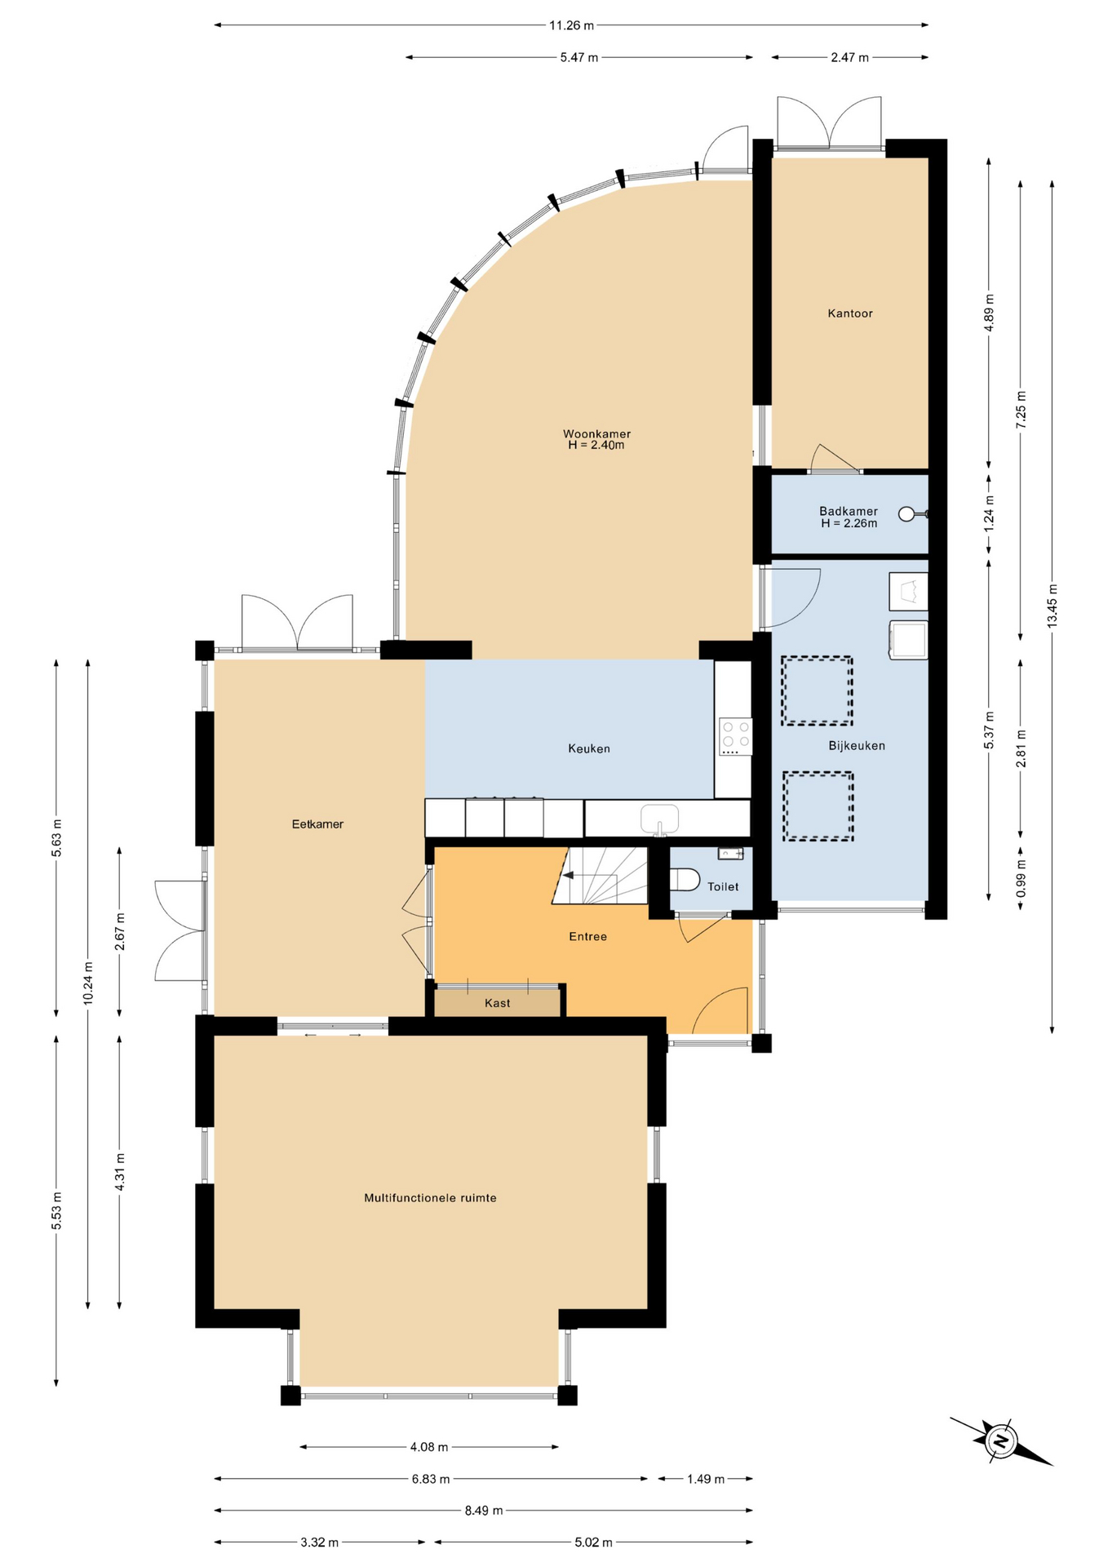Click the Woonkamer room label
pyautogui.click(x=596, y=434)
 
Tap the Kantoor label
pyautogui.click(x=850, y=313)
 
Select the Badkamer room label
pyautogui.click(x=849, y=512)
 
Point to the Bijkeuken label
pyautogui.click(x=857, y=746)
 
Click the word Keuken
pyautogui.click(x=589, y=748)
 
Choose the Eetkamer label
pyautogui.click(x=317, y=824)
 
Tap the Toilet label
pyautogui.click(x=723, y=886)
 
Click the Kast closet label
pyautogui.click(x=498, y=1003)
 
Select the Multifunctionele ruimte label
pyautogui.click(x=430, y=1198)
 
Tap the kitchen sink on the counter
pyautogui.click(x=659, y=819)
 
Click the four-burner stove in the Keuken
pyautogui.click(x=735, y=737)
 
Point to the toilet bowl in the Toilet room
pyautogui.click(x=685, y=880)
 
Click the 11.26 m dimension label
pyautogui.click(x=571, y=25)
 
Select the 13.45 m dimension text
pyautogui.click(x=1053, y=605)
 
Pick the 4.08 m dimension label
pyautogui.click(x=429, y=1447)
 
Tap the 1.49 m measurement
pyautogui.click(x=706, y=1479)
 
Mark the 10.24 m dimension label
pyautogui.click(x=88, y=983)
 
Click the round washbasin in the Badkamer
pyautogui.click(x=907, y=514)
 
